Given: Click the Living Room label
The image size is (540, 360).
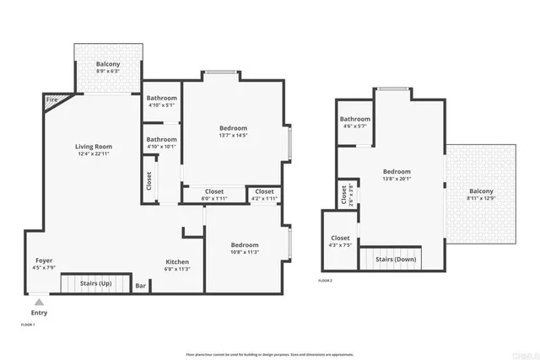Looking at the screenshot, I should point(94,147).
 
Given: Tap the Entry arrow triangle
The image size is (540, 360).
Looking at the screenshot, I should point(39,301).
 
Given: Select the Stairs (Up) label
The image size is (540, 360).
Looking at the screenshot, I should point(96,284).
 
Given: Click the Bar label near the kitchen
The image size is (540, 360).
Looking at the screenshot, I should point(141,286).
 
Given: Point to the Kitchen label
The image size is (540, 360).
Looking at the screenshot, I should point(176,261).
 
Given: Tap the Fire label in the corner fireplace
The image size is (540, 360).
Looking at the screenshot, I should point(52,101).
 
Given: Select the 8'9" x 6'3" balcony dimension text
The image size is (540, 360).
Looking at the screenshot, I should point(107,72).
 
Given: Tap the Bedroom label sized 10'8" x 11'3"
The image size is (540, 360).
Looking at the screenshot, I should point(246,244).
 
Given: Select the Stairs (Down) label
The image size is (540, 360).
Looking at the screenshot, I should point(396,260).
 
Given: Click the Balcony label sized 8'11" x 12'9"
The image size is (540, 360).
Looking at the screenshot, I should point(483,191).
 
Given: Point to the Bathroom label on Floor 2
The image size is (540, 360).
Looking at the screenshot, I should point(355,119).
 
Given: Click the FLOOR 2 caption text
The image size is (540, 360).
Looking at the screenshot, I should point(325,280).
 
